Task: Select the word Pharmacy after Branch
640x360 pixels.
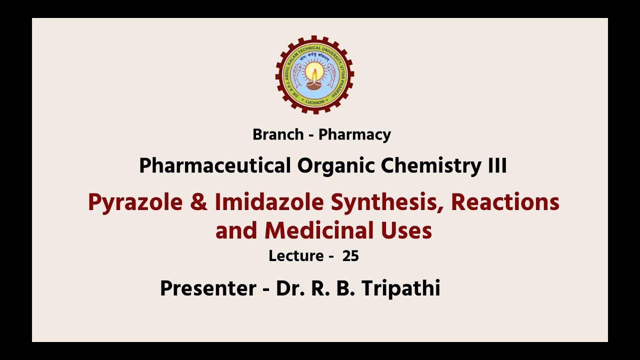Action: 354,135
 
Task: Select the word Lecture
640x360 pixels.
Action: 296,256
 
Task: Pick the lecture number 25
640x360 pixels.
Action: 350,256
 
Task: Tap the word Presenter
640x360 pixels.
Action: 208,288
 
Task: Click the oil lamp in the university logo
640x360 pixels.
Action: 314,77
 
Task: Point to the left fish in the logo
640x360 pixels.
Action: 295,72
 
